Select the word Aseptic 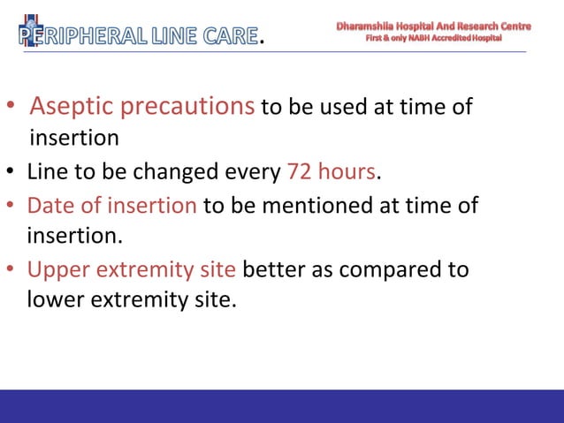[x=72, y=107]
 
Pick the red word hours [x=347, y=170]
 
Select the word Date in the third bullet [x=47, y=206]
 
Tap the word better [x=272, y=268]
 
